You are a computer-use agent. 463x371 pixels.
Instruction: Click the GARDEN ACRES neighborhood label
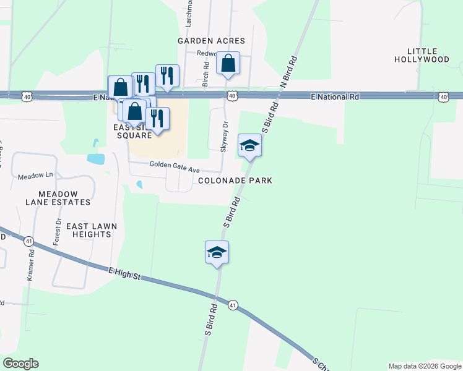click(211, 41)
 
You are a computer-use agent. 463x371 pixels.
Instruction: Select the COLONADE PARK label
click(235, 181)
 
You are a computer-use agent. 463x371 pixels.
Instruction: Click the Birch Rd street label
click(206, 74)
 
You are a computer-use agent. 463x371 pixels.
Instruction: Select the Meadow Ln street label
click(32, 176)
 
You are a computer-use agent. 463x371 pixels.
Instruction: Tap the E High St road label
click(125, 273)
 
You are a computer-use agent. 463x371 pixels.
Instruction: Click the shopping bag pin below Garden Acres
click(228, 63)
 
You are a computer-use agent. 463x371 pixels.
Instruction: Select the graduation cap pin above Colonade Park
click(249, 145)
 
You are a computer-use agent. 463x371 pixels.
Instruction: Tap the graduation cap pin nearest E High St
click(217, 252)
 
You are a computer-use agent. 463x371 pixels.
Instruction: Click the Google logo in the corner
click(20, 364)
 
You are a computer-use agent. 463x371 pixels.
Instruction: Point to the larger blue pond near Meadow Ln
click(96, 159)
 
